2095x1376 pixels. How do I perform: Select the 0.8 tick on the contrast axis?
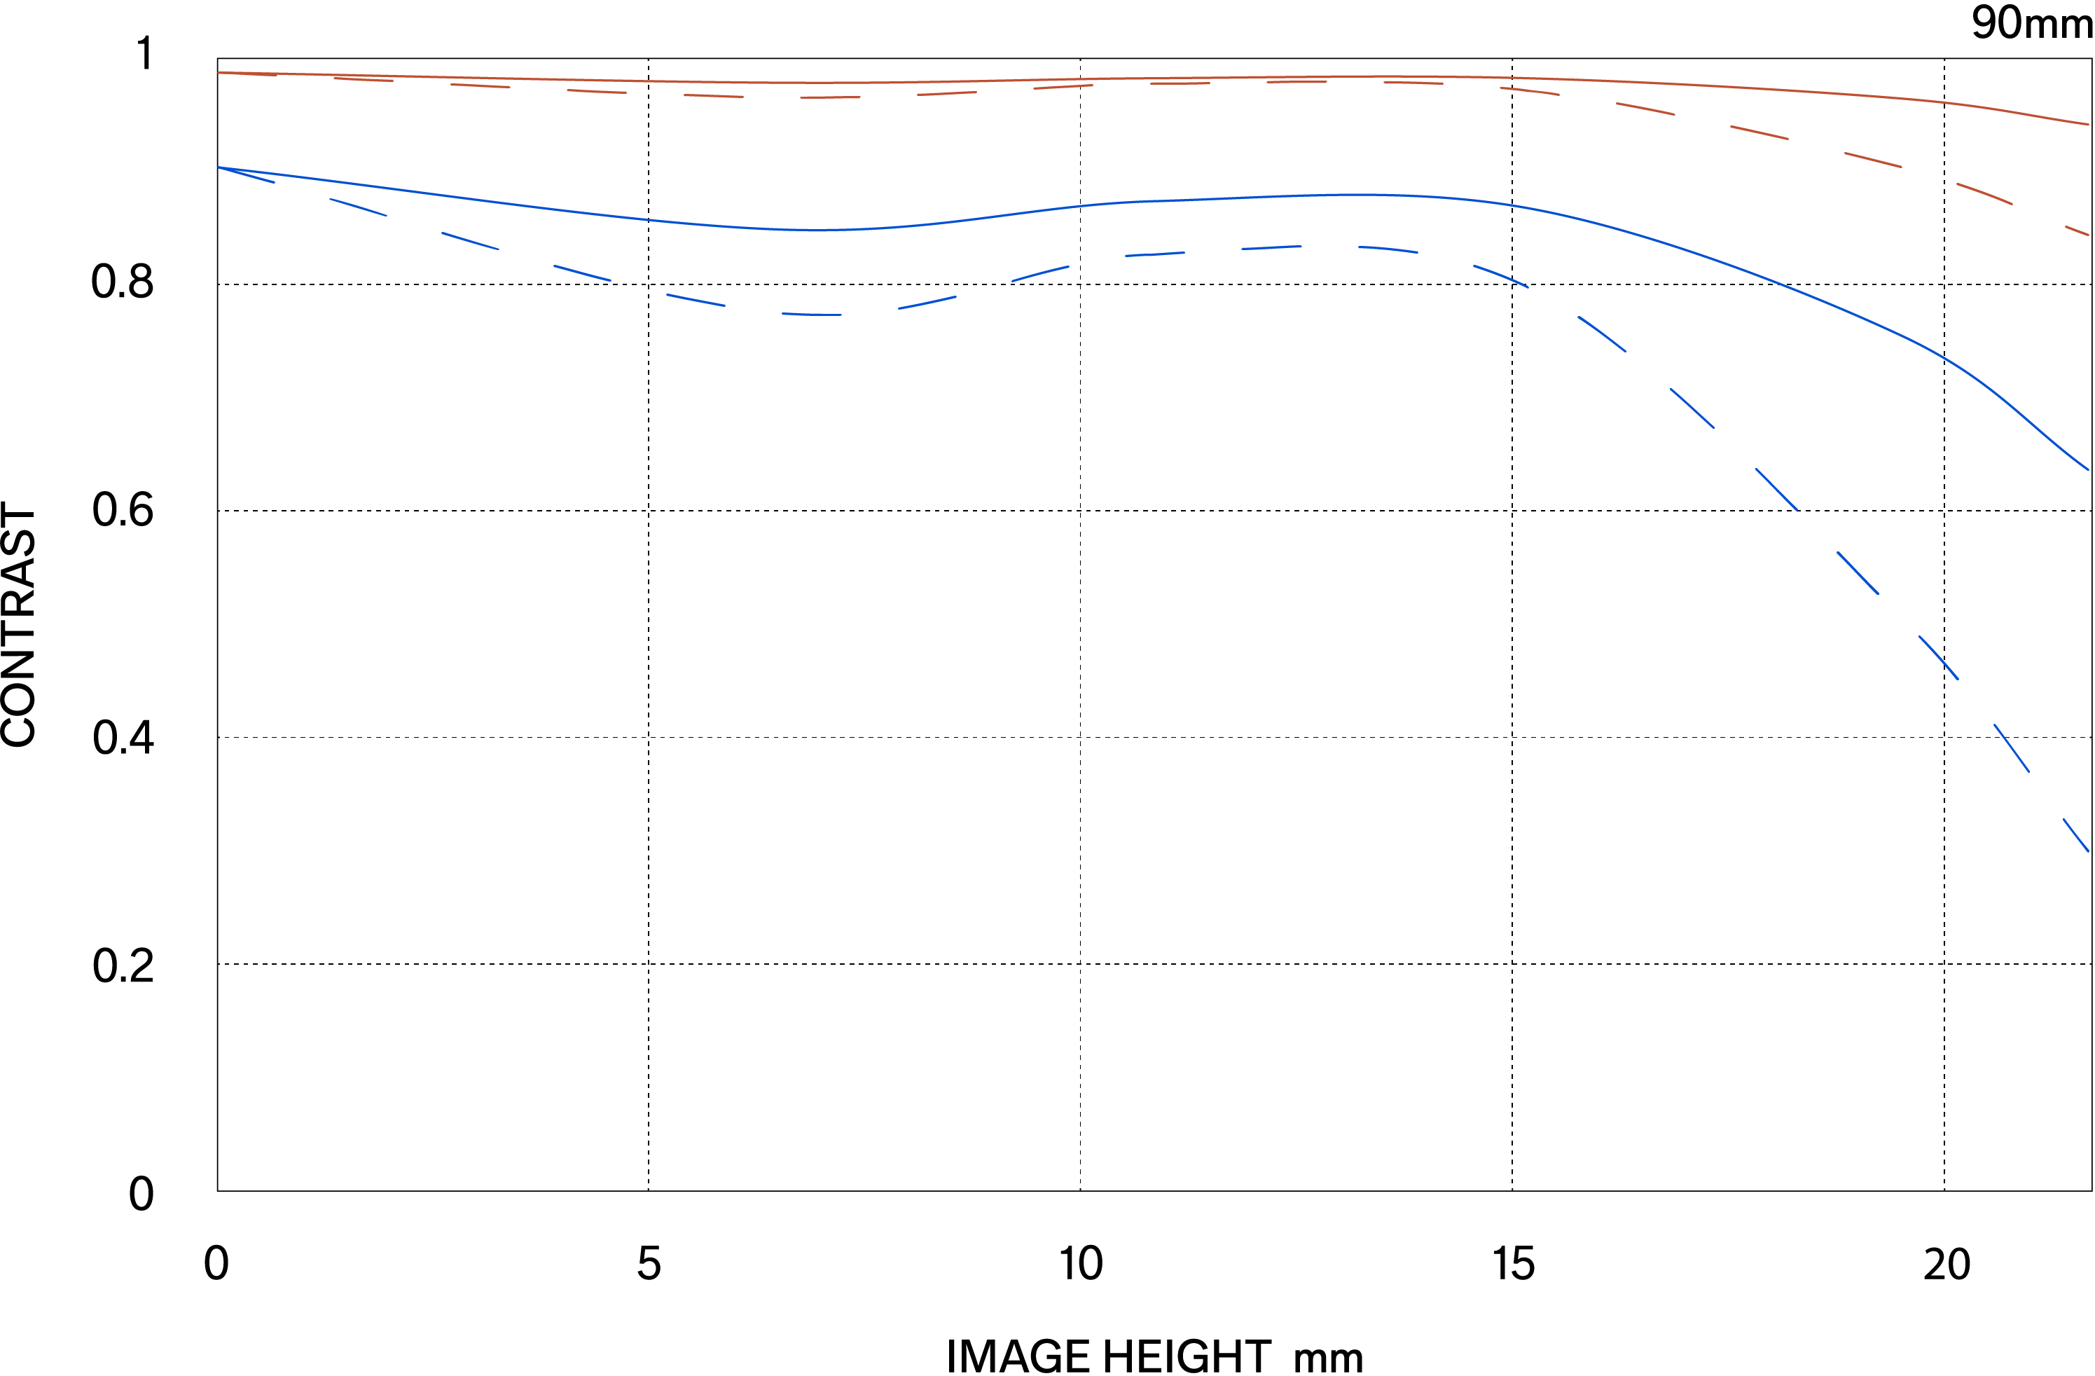[x=123, y=282]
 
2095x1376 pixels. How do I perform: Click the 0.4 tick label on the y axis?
[x=123, y=738]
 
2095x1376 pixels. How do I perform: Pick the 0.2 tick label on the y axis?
[x=123, y=965]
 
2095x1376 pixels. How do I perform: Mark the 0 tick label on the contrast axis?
[x=141, y=1195]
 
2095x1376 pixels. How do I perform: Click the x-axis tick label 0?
[x=216, y=1264]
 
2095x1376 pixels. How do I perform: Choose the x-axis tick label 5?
[x=649, y=1264]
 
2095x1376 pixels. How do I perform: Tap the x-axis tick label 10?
[x=1080, y=1264]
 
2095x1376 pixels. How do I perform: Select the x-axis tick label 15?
[x=1513, y=1264]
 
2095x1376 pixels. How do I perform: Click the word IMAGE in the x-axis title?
[x=1018, y=1356]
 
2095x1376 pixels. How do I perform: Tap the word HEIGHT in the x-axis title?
[x=1187, y=1356]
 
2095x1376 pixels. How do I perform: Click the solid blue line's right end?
[x=2088, y=469]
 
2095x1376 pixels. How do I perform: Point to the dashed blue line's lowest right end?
[x=2088, y=851]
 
